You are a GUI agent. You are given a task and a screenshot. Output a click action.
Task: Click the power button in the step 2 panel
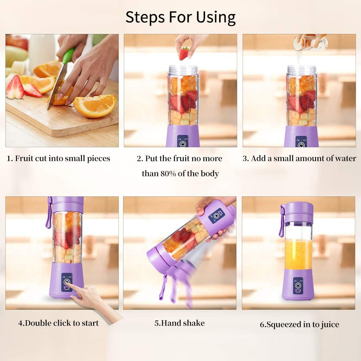pos(183,143)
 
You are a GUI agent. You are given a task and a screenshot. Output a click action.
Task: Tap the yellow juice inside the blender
pos(298,254)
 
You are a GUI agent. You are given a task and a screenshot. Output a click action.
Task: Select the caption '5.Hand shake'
pos(179,323)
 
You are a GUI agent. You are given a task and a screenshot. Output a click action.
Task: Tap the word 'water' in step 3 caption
pos(344,158)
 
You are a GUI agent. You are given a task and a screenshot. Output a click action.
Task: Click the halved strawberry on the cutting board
pos(15,88)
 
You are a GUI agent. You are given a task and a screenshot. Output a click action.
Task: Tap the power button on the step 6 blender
pos(298,286)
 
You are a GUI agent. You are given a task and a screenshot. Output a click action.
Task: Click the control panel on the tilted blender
pos(216,216)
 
